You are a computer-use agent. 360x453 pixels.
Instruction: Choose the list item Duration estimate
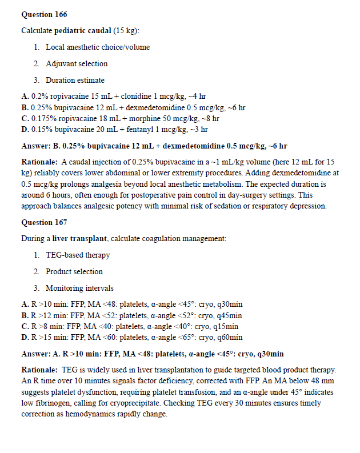coord(75,80)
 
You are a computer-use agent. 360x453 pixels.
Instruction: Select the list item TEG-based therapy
coord(78,255)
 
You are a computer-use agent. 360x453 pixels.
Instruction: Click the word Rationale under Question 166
coord(39,162)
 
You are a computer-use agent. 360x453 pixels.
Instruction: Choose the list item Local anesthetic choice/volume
coord(98,47)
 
